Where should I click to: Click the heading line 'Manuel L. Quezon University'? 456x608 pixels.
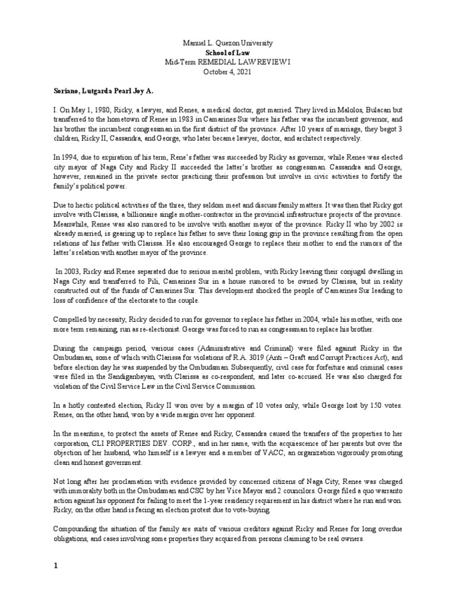228,44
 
